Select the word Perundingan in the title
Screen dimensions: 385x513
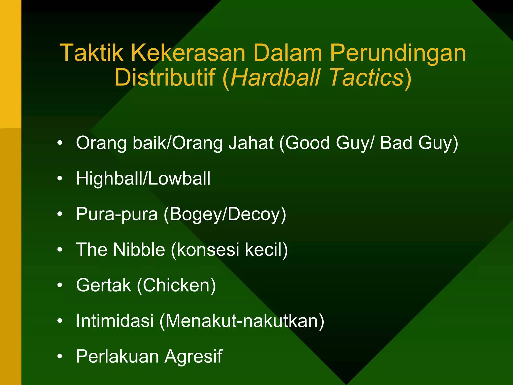click(398, 53)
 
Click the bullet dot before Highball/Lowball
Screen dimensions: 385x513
click(60, 178)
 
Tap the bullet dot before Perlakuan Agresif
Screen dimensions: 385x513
click(60, 356)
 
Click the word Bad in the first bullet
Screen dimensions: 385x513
click(396, 143)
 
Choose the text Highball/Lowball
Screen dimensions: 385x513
click(143, 178)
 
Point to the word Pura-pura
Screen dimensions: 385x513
click(117, 214)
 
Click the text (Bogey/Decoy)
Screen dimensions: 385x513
click(225, 214)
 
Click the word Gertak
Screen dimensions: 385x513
click(103, 285)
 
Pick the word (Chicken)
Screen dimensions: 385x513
click(176, 285)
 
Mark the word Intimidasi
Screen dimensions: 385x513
click(115, 321)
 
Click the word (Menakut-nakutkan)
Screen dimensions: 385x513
click(242, 321)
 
